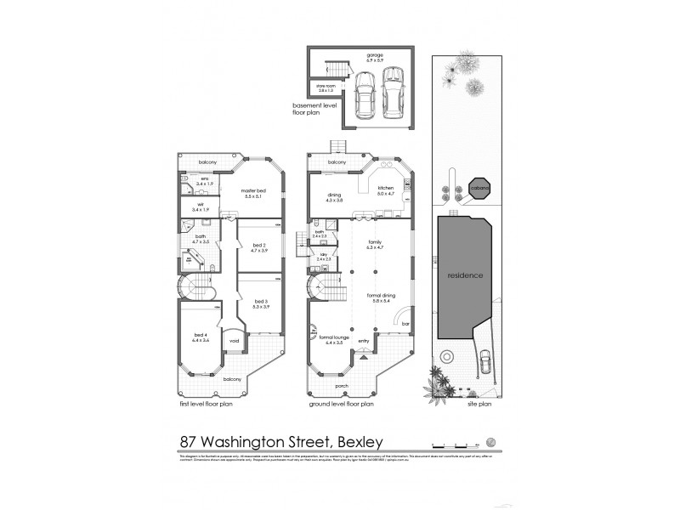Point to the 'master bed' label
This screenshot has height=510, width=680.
click(x=253, y=192)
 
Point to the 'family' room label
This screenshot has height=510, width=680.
click(x=373, y=242)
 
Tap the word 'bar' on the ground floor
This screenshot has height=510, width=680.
click(x=405, y=323)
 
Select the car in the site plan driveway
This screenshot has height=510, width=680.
click(x=485, y=360)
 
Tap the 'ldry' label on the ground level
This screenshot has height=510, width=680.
click(x=324, y=254)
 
